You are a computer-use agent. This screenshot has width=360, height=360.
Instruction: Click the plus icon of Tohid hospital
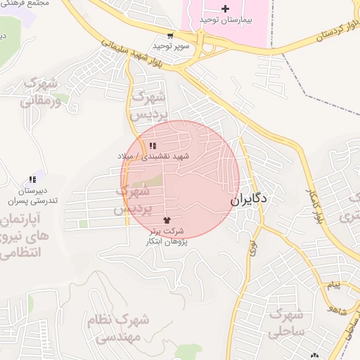point(224,9)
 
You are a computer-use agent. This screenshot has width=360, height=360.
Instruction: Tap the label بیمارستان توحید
point(224,20)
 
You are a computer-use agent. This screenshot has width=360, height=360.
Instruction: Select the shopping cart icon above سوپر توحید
point(170,35)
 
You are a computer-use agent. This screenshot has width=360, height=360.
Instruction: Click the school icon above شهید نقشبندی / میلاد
point(153,145)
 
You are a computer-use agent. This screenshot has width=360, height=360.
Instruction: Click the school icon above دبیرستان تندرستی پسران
point(32,180)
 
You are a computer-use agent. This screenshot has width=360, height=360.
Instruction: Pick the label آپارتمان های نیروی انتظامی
point(23,236)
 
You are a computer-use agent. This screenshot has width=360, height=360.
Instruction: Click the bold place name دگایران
point(250,200)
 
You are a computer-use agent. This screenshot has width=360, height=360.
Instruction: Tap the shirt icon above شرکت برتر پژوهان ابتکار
point(167,220)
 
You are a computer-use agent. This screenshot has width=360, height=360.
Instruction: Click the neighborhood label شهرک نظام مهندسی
point(119,329)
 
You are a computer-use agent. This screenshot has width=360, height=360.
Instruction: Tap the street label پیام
point(335,285)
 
